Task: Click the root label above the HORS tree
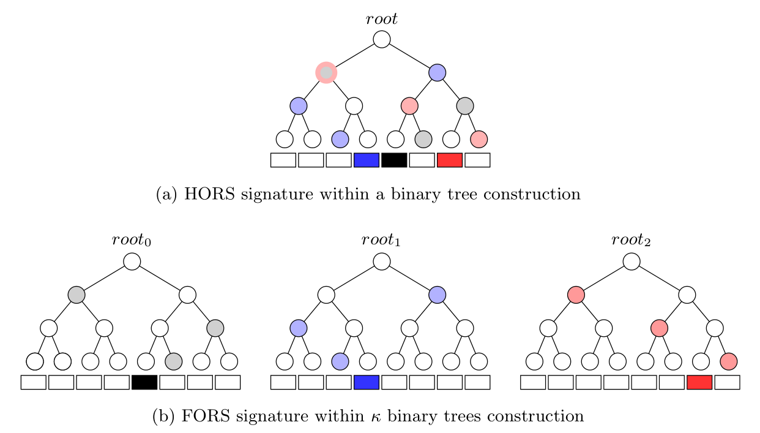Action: tap(381, 19)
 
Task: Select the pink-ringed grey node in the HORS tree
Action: tap(326, 72)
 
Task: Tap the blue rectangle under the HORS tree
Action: tap(367, 160)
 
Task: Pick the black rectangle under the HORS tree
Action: tap(394, 160)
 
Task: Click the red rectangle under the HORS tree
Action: tap(450, 160)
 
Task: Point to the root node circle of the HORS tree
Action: tap(382, 39)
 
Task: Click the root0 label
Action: tap(132, 241)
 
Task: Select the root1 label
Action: tap(381, 241)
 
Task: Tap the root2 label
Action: tap(631, 241)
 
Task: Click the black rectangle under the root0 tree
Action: tap(144, 382)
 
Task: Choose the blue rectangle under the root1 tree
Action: tap(367, 382)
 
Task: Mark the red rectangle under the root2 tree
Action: tap(699, 382)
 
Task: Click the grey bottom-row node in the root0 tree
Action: tap(174, 361)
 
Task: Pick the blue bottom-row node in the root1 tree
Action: tap(340, 361)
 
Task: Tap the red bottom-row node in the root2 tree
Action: tap(728, 361)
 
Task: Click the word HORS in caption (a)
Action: tap(204, 195)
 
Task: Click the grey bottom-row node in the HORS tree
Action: tap(423, 139)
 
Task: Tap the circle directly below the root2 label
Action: tap(631, 262)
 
